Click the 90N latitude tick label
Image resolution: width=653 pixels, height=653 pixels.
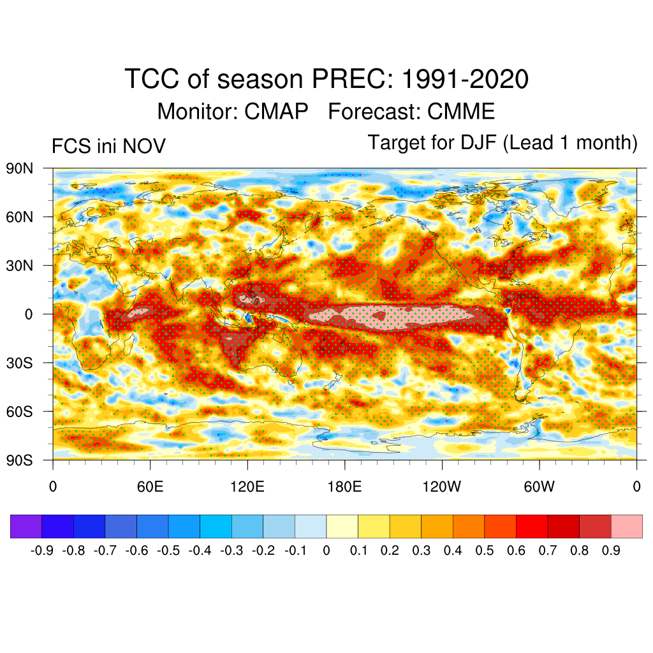[x=20, y=169]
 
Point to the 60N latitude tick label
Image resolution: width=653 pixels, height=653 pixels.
[x=20, y=217]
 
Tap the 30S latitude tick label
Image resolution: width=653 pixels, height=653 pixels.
[x=20, y=363]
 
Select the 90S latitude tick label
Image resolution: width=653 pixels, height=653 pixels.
[x=20, y=460]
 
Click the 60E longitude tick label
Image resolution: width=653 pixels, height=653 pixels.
[x=150, y=487]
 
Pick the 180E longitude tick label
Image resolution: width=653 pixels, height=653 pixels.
[x=344, y=487]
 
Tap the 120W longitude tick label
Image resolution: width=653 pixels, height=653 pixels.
[x=441, y=487]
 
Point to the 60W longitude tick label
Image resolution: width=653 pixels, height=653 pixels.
[x=539, y=487]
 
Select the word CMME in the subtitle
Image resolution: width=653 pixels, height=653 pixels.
[x=461, y=112]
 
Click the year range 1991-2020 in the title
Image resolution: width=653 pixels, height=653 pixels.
[x=466, y=80]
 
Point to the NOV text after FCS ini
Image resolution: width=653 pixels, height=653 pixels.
[x=144, y=146]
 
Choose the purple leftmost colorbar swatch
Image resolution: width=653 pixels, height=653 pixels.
[x=26, y=526]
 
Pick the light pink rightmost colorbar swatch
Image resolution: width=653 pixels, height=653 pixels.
[x=626, y=526]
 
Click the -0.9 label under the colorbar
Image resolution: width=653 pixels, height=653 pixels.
[x=42, y=550]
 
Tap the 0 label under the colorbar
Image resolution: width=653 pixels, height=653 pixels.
[x=326, y=550]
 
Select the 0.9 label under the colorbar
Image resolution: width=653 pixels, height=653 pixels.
[x=611, y=550]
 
